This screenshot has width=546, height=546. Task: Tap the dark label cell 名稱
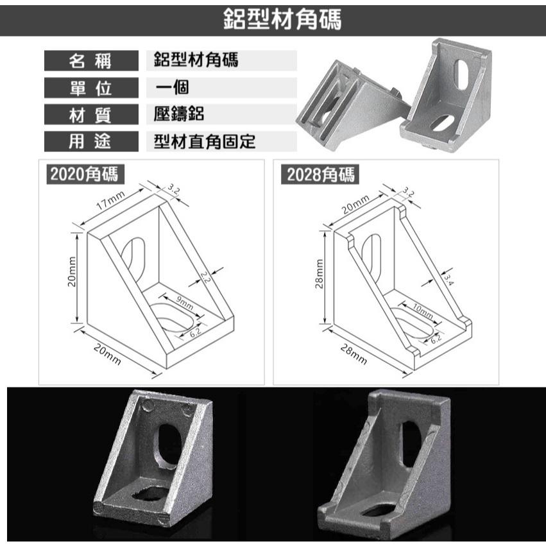[91, 62]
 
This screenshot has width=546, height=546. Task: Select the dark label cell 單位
[91, 88]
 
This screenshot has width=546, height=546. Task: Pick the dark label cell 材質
[91, 115]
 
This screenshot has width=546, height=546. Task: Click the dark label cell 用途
[91, 141]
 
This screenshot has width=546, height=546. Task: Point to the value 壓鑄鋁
[180, 114]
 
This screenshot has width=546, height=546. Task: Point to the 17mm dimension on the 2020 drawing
[109, 204]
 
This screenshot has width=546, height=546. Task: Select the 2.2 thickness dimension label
[205, 277]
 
